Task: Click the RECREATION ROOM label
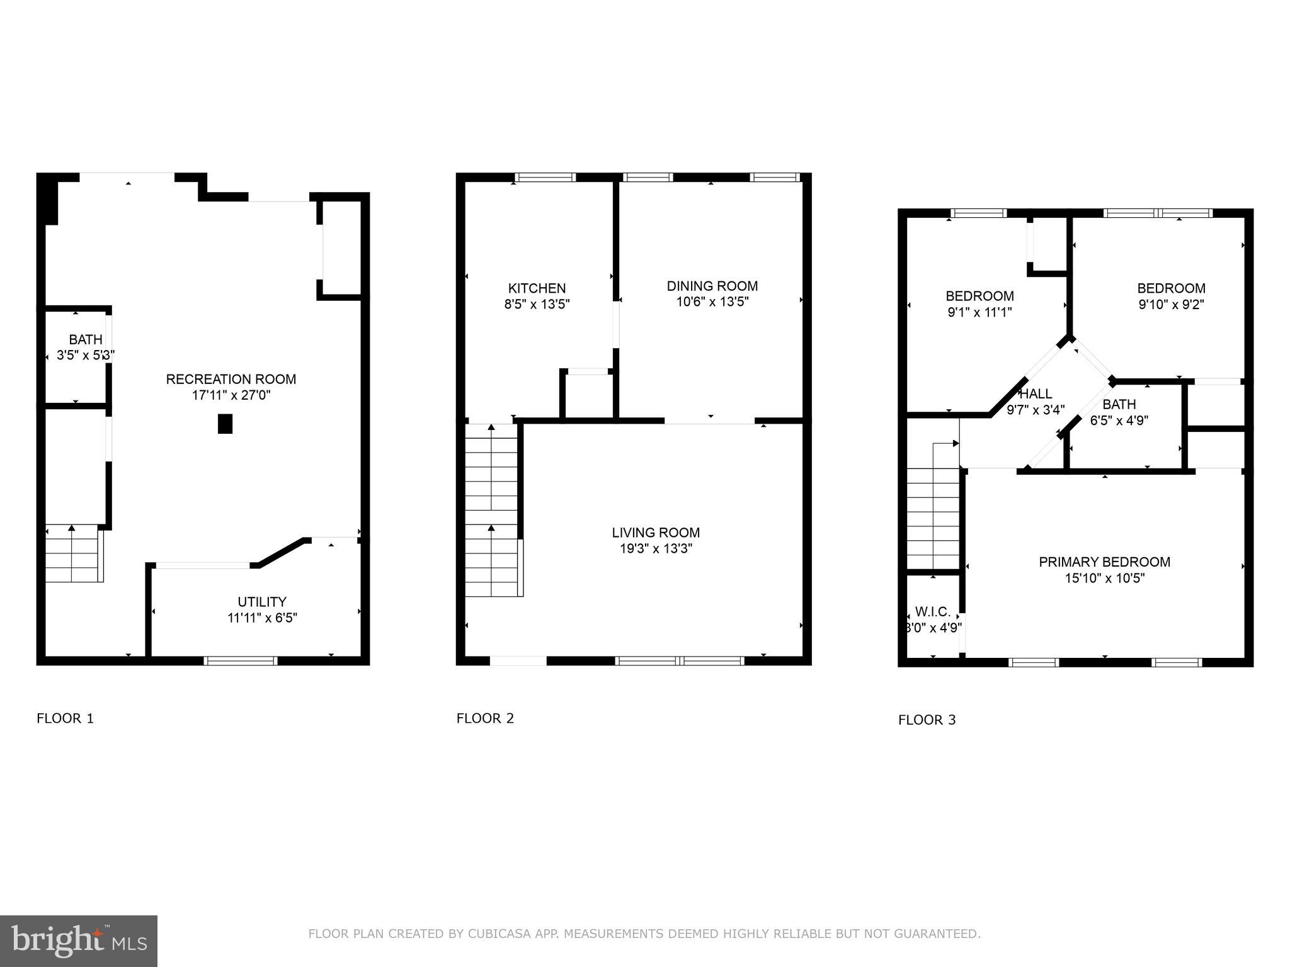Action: click(x=231, y=379)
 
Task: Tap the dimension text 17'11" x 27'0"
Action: click(x=231, y=395)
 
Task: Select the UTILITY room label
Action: click(x=262, y=601)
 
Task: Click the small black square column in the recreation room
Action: click(x=225, y=424)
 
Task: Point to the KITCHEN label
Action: click(x=537, y=288)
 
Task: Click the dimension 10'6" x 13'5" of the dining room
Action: click(x=712, y=302)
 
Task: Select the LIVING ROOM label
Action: click(x=656, y=533)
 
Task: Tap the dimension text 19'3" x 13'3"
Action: click(x=656, y=548)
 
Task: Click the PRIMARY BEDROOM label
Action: click(x=1104, y=562)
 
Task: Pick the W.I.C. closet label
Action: click(x=932, y=611)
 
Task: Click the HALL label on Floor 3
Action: click(x=1036, y=393)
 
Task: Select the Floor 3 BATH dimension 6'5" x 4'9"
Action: click(x=1119, y=421)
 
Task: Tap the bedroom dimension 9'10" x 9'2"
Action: click(x=1171, y=305)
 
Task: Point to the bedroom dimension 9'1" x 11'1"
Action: click(x=979, y=312)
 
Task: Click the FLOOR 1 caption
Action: click(x=65, y=718)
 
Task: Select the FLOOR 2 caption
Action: click(x=485, y=718)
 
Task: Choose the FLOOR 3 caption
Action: click(x=927, y=720)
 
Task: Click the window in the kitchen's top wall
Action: click(x=545, y=178)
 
